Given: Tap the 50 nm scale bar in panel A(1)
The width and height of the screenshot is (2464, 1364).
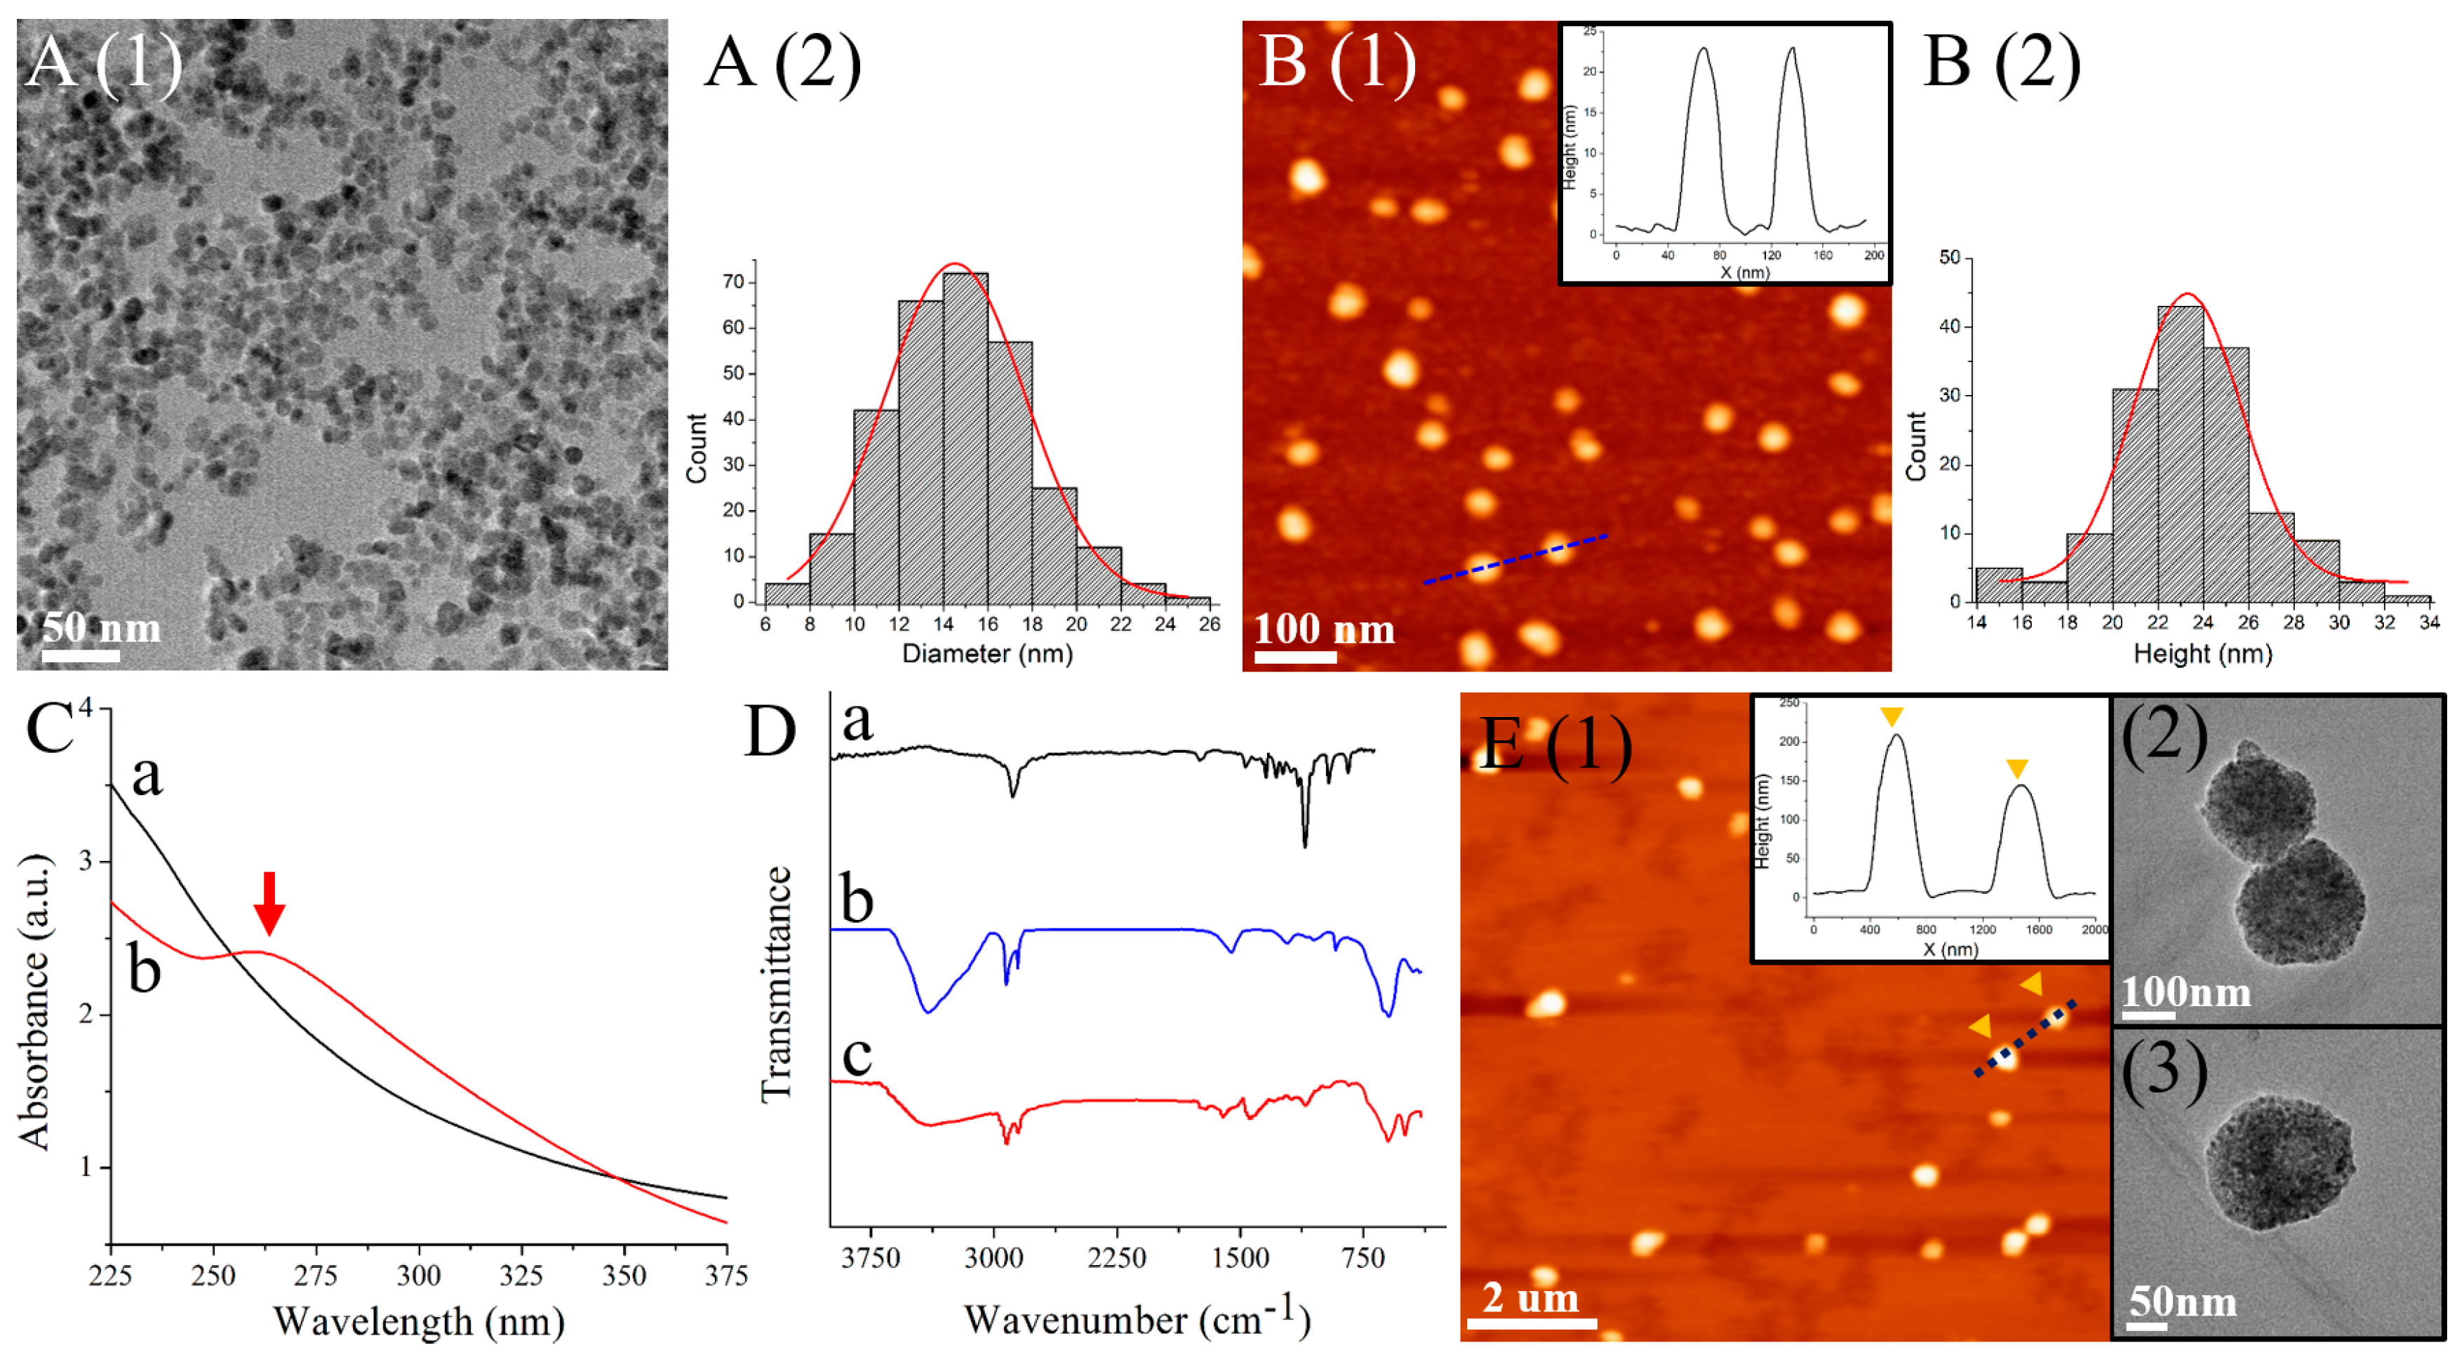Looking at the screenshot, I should pos(81,655).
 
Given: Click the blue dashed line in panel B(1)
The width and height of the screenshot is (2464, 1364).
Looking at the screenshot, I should pos(1515,559).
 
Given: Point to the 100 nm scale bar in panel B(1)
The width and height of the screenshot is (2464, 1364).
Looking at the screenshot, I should pos(1295,657).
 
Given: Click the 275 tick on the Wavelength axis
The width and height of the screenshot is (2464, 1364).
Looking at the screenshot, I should pos(316,1275).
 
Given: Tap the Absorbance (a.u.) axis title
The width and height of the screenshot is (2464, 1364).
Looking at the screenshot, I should pos(34,1001).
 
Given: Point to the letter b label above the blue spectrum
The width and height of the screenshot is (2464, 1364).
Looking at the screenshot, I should pos(857,900).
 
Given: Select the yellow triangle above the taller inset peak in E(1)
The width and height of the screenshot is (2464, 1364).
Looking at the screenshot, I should pos(1891,716).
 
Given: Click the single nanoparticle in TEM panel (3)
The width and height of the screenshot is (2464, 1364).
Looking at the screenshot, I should pos(2279,1161).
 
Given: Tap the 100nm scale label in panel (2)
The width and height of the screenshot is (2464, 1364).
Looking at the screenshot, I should pos(2185,992).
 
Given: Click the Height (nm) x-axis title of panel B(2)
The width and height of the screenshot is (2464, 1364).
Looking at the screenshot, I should pos(2202,654).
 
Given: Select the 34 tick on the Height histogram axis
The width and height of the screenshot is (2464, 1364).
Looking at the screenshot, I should pos(2429,622).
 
